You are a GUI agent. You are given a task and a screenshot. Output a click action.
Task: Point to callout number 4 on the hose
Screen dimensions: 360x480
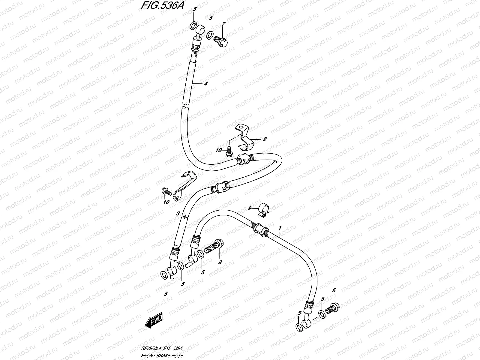coord(205,84)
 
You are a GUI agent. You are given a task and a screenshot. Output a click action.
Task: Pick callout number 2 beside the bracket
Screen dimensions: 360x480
coord(265,139)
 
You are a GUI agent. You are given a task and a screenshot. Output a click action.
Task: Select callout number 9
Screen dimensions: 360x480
coord(249,208)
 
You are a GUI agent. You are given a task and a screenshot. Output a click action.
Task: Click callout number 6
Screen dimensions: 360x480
coord(334,290)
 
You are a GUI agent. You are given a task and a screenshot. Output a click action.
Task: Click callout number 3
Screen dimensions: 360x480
coord(178,214)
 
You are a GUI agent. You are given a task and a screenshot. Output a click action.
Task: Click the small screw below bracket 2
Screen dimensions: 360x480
coord(229,151)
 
